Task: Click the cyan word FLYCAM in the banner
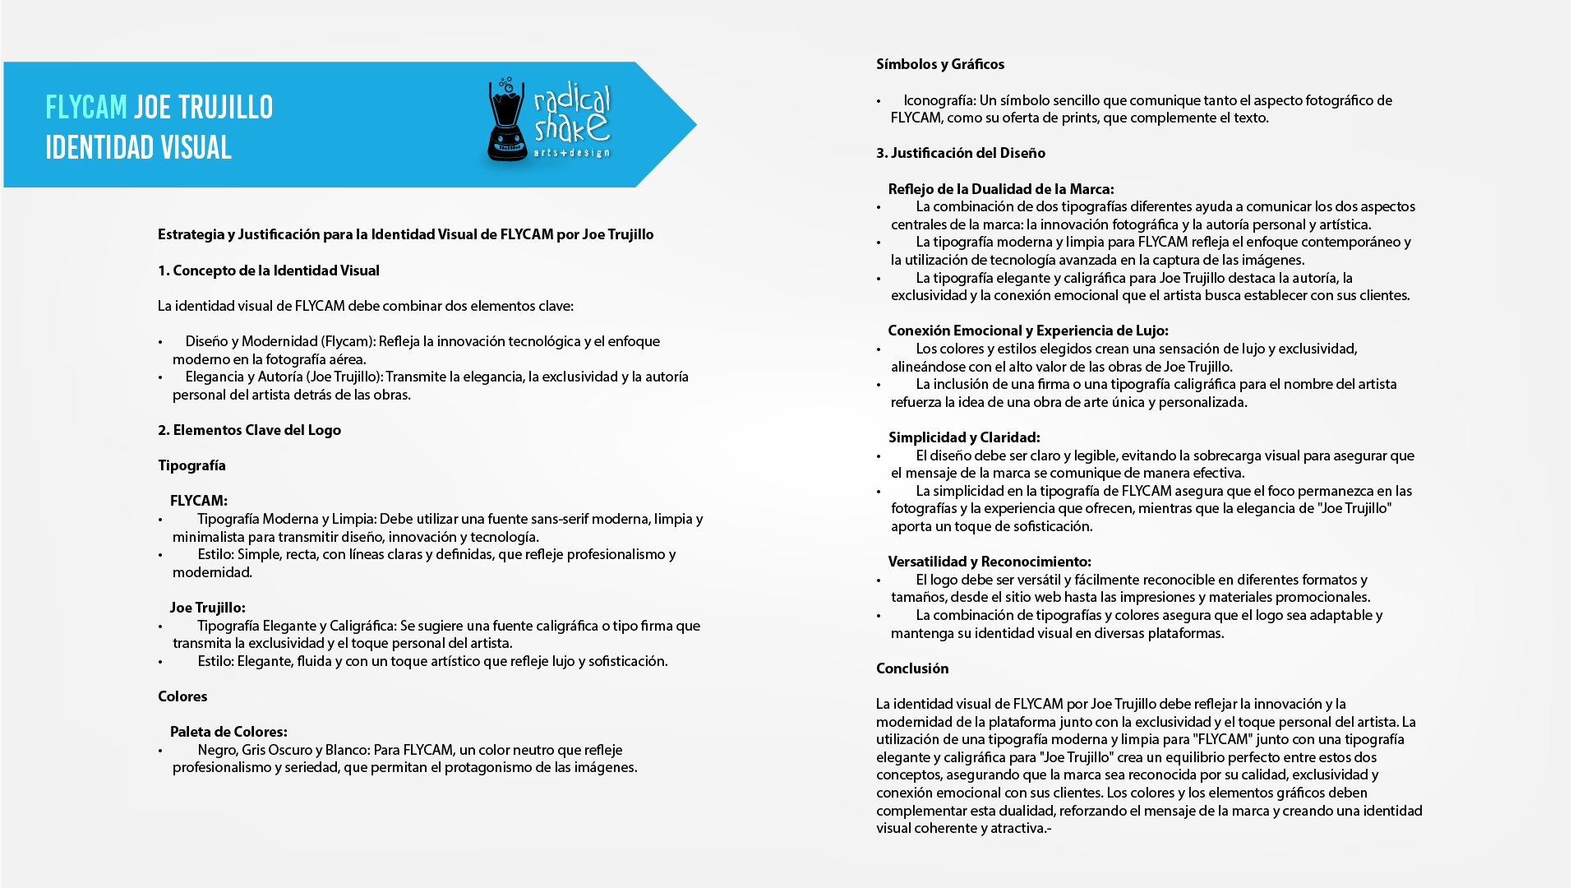[x=86, y=108]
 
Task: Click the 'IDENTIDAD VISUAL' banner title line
[x=138, y=148]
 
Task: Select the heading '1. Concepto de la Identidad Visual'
[x=268, y=271]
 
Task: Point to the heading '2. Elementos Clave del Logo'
[x=249, y=430]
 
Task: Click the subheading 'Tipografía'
[x=191, y=465]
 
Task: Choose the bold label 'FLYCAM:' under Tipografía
[x=198, y=501]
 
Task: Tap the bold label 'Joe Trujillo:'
[x=207, y=608]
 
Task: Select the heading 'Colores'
[x=182, y=696]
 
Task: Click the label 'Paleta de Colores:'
[x=228, y=732]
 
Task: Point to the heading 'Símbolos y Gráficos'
[x=940, y=64]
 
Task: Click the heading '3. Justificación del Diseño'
[x=961, y=153]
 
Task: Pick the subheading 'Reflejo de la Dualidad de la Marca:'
[x=1001, y=189]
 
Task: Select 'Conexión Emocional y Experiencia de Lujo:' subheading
[x=1027, y=331]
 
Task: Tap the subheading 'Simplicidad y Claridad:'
[x=964, y=437]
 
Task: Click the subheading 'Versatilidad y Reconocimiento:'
[x=990, y=562]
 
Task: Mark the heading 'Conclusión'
[x=912, y=668]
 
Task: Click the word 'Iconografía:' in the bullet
[x=939, y=100]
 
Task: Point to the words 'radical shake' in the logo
[x=572, y=115]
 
